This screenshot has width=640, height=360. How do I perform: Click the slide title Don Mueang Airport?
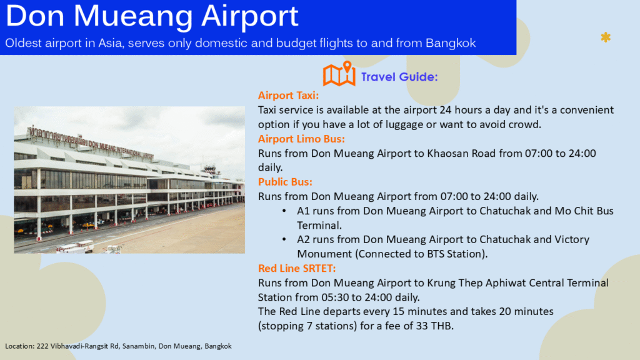click(x=152, y=16)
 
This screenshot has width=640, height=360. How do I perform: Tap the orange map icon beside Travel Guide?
click(x=339, y=74)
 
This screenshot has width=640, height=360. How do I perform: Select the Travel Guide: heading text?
click(x=399, y=77)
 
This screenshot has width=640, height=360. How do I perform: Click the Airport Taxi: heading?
click(x=288, y=96)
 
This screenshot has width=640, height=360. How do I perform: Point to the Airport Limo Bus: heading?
click(x=301, y=139)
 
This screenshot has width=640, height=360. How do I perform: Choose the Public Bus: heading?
click(x=285, y=182)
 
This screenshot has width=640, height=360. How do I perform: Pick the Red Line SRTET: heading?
click(x=297, y=268)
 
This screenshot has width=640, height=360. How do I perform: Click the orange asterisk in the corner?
click(x=606, y=37)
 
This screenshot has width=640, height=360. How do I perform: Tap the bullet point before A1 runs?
click(x=284, y=211)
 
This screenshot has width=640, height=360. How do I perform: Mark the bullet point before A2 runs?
click(x=284, y=239)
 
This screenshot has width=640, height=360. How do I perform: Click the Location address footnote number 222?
click(x=42, y=346)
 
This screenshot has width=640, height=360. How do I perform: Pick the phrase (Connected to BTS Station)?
click(x=422, y=254)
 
